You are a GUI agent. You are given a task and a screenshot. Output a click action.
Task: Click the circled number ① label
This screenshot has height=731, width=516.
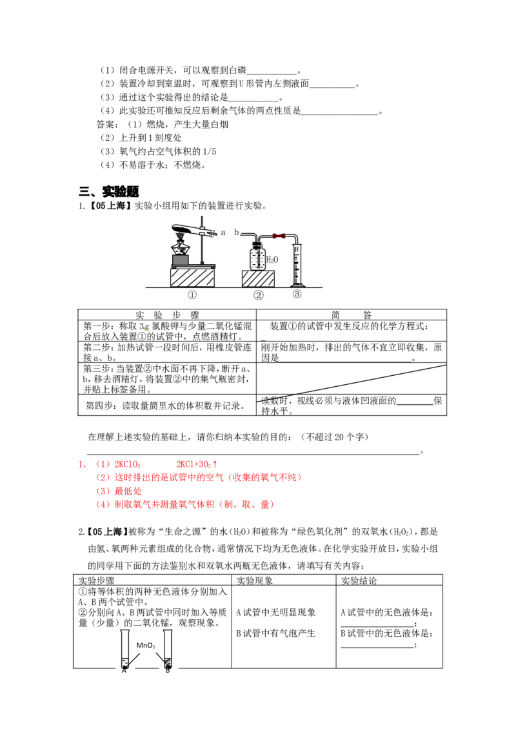192,295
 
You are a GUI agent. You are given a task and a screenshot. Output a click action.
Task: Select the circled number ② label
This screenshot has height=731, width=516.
258,295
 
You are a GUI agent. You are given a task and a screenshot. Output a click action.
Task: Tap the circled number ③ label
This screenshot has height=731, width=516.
297,294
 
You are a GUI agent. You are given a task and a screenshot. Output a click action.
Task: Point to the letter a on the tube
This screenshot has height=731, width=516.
223,232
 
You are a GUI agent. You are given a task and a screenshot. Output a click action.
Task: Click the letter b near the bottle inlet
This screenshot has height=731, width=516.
236,232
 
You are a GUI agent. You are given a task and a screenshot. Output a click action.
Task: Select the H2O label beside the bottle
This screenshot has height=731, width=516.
273,260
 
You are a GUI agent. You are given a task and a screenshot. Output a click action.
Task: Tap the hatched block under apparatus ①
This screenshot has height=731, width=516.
192,278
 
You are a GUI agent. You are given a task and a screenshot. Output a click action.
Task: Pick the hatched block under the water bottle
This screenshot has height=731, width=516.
258,279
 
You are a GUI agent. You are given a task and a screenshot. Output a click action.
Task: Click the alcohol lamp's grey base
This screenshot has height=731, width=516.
181,260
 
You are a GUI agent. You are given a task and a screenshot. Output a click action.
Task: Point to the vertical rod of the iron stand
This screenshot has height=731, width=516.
204,245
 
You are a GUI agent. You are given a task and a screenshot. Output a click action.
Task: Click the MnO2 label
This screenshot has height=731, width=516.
146,645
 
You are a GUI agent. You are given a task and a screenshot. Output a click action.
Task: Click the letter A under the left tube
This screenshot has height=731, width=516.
124,670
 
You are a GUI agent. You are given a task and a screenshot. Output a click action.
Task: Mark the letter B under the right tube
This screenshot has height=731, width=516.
168,670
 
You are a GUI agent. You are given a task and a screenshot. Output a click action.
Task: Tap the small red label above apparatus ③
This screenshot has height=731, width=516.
279,236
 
